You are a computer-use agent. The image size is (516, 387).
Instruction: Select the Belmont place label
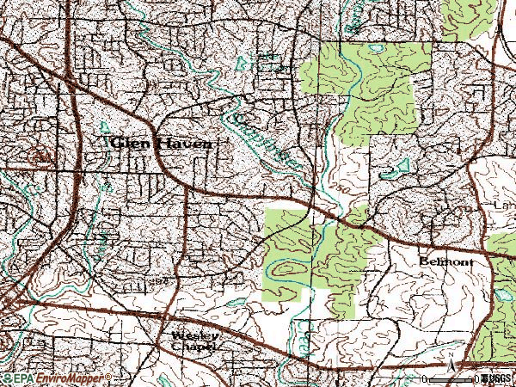click(x=446, y=260)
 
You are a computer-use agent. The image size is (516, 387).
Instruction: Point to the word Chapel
click(x=191, y=346)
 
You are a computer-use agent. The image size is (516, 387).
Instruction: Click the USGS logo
click(x=496, y=378)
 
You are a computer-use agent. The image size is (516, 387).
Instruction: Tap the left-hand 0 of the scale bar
click(x=426, y=379)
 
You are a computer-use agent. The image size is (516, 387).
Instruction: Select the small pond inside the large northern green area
click(x=376, y=48)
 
